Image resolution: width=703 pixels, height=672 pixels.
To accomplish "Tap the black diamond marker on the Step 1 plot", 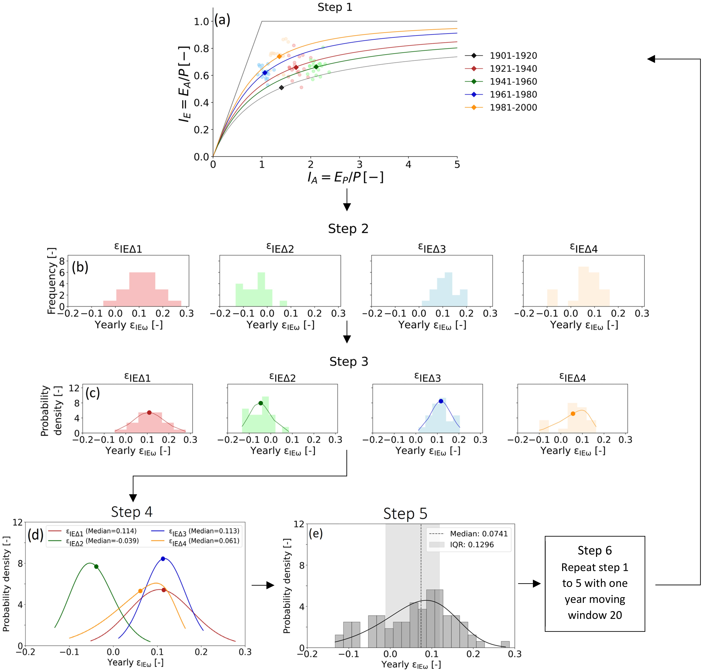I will [x=281, y=87].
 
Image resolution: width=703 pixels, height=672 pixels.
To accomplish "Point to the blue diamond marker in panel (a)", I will [x=265, y=73].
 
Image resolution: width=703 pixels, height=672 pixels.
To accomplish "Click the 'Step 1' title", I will [x=335, y=7].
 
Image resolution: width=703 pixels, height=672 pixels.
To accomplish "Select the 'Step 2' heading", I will [x=348, y=229].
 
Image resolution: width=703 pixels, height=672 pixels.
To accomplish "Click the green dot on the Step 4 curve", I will [x=96, y=566].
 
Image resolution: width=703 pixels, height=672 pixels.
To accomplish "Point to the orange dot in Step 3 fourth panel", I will [x=573, y=414].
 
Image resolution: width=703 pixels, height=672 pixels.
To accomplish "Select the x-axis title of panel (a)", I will [x=346, y=177].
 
